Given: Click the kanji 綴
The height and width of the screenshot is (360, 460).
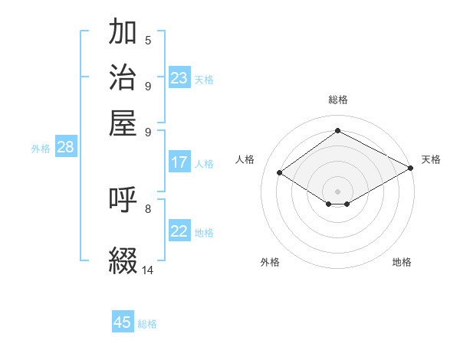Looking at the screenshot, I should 123,260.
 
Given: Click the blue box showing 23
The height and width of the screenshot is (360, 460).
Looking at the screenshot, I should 179,78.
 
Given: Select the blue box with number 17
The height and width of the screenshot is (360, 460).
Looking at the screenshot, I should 179,162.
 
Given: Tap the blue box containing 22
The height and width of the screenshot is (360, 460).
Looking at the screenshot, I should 179,232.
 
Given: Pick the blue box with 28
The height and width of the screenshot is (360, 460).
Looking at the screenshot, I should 65,148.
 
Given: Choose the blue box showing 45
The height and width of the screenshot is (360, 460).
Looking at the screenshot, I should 123,322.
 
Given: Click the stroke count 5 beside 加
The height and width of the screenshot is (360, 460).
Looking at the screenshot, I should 147,41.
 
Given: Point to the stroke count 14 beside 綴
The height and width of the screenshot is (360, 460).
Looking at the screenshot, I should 147,270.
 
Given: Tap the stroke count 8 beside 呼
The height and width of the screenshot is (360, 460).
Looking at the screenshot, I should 147,208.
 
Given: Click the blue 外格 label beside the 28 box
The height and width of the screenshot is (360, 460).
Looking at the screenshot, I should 41,149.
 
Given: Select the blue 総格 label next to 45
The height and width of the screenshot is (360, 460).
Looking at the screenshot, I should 147,324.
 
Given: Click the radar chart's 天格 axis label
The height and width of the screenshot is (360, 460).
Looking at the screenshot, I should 431,159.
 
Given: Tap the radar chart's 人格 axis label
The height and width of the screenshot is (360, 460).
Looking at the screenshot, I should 245,159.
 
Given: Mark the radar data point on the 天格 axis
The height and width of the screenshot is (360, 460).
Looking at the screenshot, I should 411,168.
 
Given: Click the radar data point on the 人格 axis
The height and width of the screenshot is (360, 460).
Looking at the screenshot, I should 280,173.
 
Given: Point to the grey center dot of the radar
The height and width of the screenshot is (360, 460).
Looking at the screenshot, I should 337,191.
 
